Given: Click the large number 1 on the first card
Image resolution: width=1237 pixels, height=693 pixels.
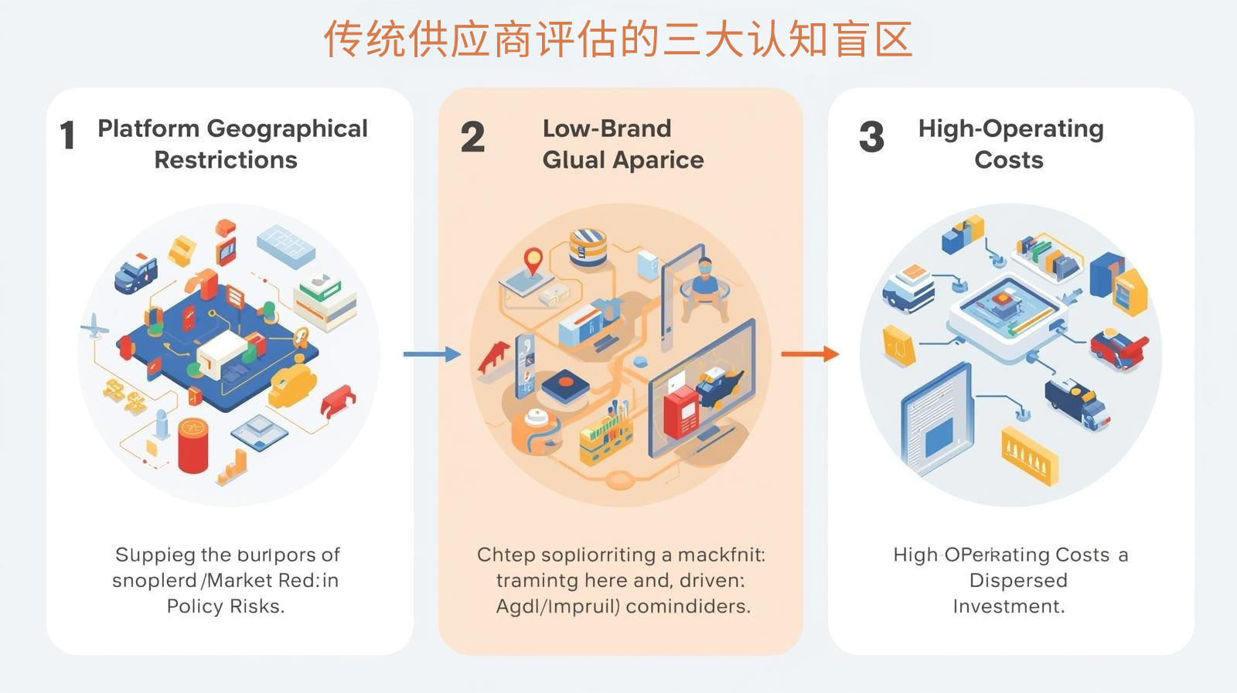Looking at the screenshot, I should [68, 136].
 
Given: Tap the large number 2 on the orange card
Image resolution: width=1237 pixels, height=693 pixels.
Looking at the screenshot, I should [472, 138].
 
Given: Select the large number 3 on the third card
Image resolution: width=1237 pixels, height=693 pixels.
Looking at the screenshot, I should [871, 138].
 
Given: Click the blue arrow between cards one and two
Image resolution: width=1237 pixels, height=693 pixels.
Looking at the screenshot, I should [431, 354].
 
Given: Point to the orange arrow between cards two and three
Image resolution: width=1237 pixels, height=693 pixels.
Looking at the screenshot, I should [809, 354].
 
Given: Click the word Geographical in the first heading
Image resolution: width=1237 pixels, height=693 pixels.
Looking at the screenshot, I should [287, 128].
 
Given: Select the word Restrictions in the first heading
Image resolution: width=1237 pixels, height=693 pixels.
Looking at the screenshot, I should [226, 160].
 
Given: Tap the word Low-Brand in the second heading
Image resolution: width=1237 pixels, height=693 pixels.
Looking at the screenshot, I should [607, 128].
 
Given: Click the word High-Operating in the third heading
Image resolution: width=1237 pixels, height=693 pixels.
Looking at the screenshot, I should [1010, 128].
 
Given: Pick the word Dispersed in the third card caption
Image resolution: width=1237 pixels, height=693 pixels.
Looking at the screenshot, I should [1018, 580].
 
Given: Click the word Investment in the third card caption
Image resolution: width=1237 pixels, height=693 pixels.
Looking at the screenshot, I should [1008, 606].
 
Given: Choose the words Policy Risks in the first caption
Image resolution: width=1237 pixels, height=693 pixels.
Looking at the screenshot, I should [226, 606].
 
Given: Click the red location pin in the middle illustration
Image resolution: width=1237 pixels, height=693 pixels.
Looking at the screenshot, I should [533, 261].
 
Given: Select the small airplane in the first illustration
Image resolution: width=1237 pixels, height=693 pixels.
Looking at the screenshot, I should [94, 327].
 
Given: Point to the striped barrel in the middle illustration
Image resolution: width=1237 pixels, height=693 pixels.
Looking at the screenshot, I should [588, 246].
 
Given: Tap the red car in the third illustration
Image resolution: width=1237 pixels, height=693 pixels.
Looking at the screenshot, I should [1118, 347].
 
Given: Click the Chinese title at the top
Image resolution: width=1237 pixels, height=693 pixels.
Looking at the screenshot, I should [618, 39].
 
